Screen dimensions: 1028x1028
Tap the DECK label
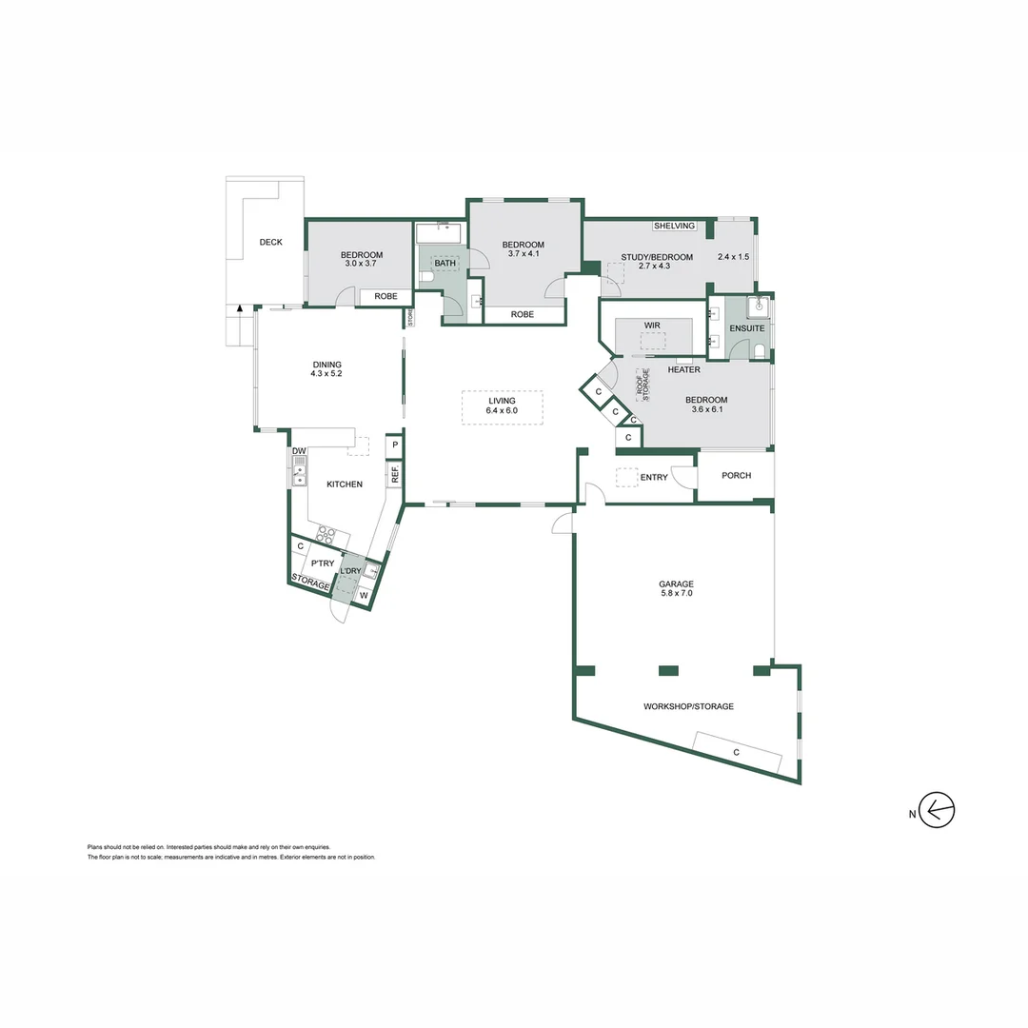(x=270, y=242)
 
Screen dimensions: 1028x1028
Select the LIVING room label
(x=502, y=401)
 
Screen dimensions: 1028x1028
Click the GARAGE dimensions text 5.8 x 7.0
(x=676, y=594)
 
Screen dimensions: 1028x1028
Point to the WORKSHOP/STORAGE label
(x=688, y=706)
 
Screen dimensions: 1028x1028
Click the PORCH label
(x=736, y=476)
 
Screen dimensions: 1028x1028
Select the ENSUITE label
(x=746, y=328)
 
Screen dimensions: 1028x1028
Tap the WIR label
(x=652, y=326)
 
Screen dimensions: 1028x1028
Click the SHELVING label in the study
(x=674, y=226)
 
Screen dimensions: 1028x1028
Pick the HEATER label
(x=683, y=369)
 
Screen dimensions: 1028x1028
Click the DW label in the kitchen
(x=298, y=451)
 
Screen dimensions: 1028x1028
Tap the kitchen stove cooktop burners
(x=326, y=535)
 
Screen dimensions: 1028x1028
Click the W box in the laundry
(x=363, y=596)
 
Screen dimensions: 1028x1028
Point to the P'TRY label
(x=323, y=563)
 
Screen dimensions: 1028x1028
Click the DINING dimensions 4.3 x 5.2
(x=326, y=374)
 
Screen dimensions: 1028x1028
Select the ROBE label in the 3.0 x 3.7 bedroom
(x=385, y=296)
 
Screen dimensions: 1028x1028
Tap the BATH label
(x=445, y=264)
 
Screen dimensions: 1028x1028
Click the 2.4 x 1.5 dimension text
(x=733, y=257)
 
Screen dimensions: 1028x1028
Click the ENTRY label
(x=654, y=477)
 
